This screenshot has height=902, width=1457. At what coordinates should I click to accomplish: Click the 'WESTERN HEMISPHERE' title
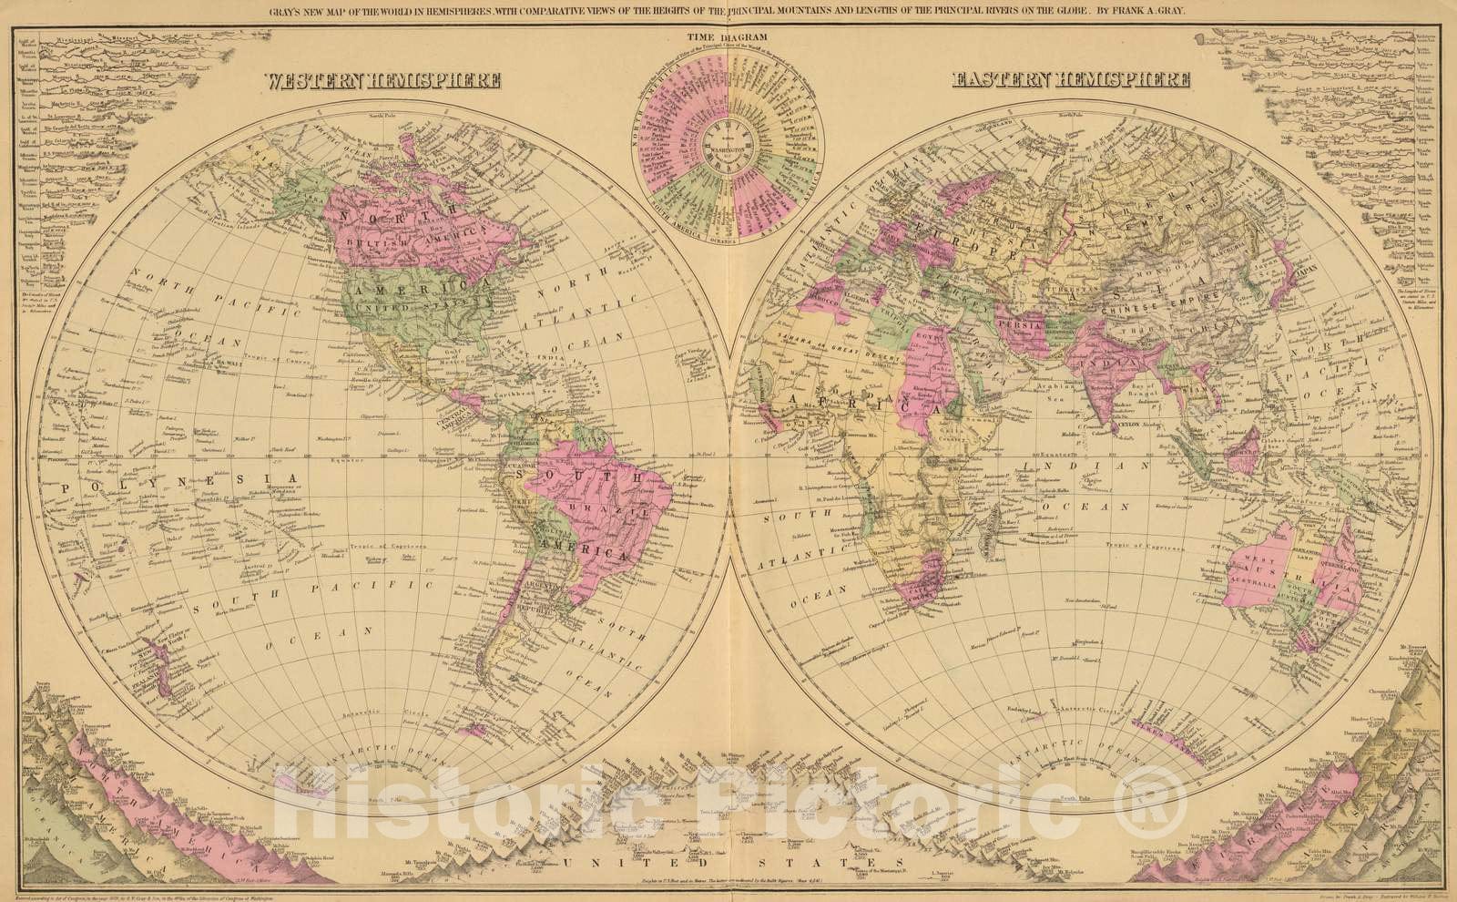tap(383, 80)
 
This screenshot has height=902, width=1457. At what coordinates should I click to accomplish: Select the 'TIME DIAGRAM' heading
tap(728, 36)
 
